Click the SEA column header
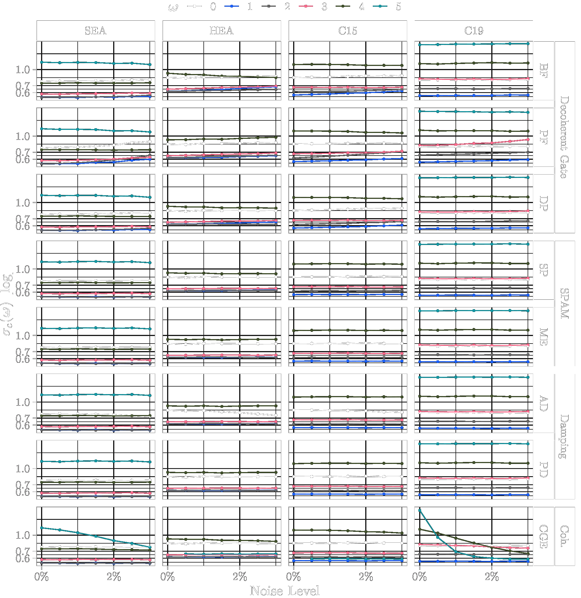pyautogui.click(x=96, y=31)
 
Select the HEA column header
pyautogui.click(x=221, y=31)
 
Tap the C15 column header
pyautogui.click(x=347, y=31)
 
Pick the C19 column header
pyautogui.click(x=473, y=31)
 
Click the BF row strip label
pyautogui.click(x=544, y=71)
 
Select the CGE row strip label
pyautogui.click(x=544, y=536)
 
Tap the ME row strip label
pyautogui.click(x=544, y=337)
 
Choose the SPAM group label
pyautogui.click(x=565, y=304)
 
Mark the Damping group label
pyautogui.click(x=565, y=437)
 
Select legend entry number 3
pyautogui.click(x=324, y=6)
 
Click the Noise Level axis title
pyautogui.click(x=284, y=591)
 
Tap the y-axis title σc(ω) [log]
pyautogui.click(x=7, y=304)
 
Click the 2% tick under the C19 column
pyautogui.click(x=492, y=577)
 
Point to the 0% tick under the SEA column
pyautogui.click(x=42, y=577)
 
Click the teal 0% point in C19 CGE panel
pyautogui.click(x=419, y=510)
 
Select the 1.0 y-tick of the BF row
pyautogui.click(x=23, y=70)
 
